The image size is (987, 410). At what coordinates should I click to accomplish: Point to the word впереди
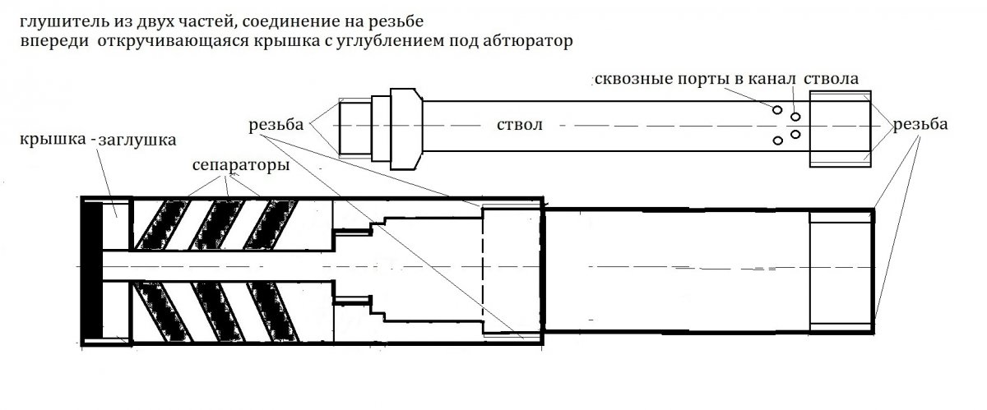(x=54, y=41)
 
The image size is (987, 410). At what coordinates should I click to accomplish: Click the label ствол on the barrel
(x=520, y=125)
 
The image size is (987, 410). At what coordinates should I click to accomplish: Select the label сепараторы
(x=241, y=166)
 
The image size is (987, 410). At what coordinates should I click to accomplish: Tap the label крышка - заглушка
(x=98, y=140)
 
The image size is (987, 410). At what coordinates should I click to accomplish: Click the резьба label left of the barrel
(x=276, y=125)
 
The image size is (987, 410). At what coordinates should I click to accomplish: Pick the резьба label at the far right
(x=920, y=125)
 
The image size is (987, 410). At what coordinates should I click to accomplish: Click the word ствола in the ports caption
(x=831, y=79)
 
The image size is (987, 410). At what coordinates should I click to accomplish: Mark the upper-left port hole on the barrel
(x=777, y=109)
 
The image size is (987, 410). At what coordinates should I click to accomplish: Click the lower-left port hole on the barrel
(x=778, y=141)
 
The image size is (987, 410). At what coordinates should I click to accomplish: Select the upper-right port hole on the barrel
(x=795, y=117)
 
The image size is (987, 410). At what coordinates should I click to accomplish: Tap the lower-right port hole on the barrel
(x=795, y=134)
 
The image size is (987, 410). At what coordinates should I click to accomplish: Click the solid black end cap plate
(x=92, y=270)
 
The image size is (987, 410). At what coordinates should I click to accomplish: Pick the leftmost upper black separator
(x=161, y=225)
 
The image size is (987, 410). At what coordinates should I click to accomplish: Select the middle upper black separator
(x=215, y=225)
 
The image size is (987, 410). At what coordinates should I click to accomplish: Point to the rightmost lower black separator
(x=273, y=311)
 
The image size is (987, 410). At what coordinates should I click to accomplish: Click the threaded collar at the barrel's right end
(x=841, y=129)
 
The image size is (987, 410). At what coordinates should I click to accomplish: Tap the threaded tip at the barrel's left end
(x=355, y=128)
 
